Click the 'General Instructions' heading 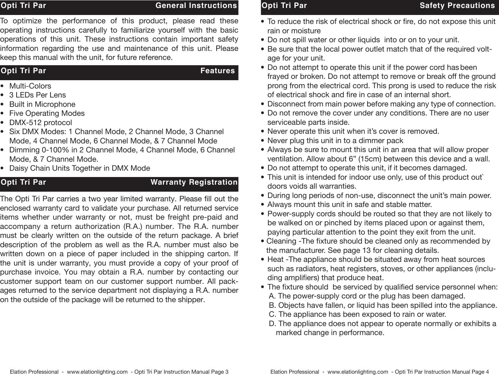[x=196, y=6]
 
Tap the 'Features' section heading [x=218, y=71]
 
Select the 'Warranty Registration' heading [x=194, y=182]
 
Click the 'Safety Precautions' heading [x=457, y=6]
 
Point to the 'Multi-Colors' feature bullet [x=30, y=86]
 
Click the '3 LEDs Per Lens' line [x=38, y=95]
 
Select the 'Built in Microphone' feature [x=42, y=104]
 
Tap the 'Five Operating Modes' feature [x=47, y=113]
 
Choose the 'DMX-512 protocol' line [x=41, y=122]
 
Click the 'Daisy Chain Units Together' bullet [x=80, y=168]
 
